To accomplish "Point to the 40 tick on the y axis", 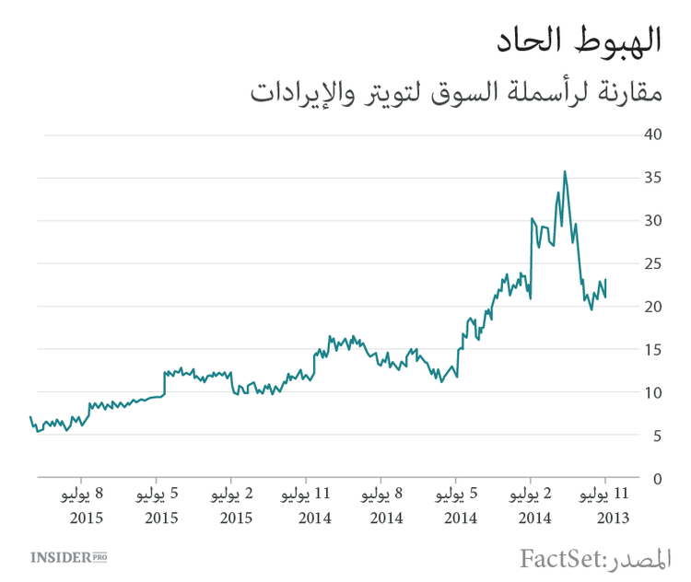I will pos(654,134).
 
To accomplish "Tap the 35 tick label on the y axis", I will pos(654,178).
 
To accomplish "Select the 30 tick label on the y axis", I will pos(654,220).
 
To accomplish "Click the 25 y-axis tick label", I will pos(654,263).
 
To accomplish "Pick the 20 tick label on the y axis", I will pos(654,307).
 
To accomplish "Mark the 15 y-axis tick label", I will pos(654,349).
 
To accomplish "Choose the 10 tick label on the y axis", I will pos(654,392).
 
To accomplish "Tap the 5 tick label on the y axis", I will pos(658,436).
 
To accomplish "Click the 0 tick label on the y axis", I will pos(658,479).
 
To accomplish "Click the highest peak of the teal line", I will pos(565,171).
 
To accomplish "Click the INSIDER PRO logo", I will pos(68,557).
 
